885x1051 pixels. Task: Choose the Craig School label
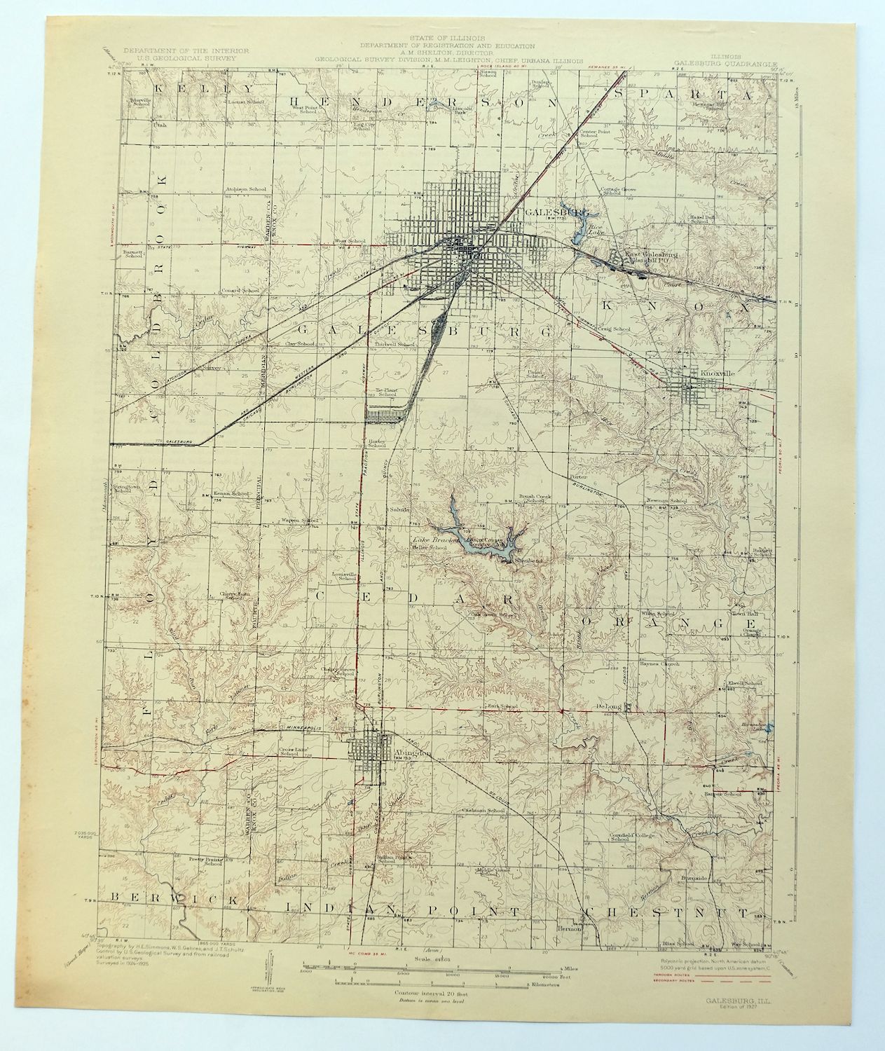[x=614, y=329]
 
